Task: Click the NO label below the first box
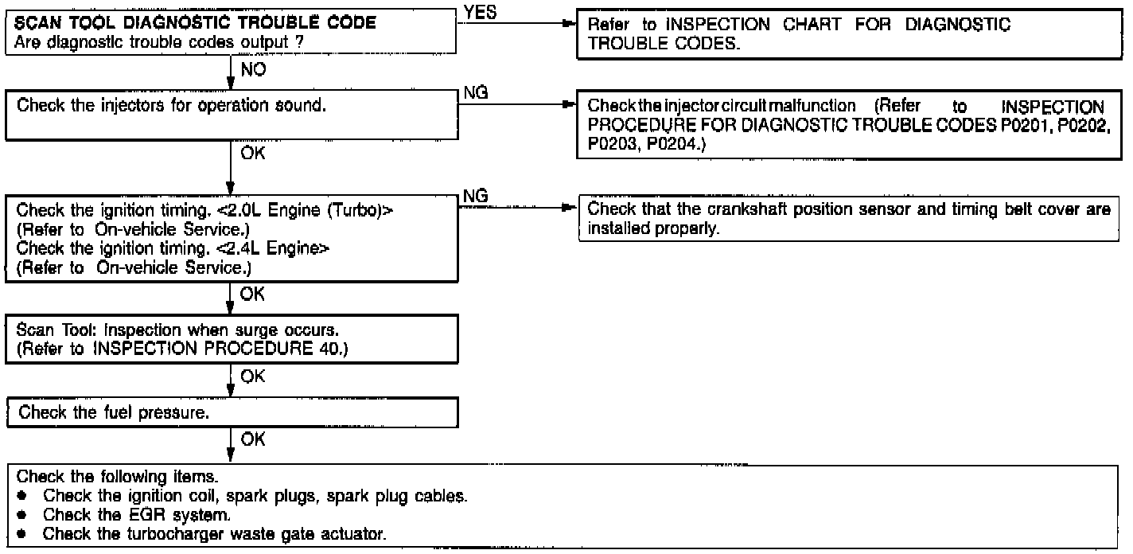[x=253, y=69]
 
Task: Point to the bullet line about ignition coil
[x=255, y=496]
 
